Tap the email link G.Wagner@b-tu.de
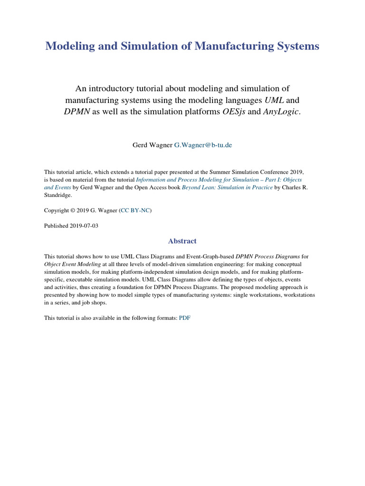203,145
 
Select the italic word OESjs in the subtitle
234,112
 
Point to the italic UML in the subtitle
268,101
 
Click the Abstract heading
182,241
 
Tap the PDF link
184,318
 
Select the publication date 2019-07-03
84,226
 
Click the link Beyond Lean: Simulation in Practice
227,187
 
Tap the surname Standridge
59,195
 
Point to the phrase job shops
94,302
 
